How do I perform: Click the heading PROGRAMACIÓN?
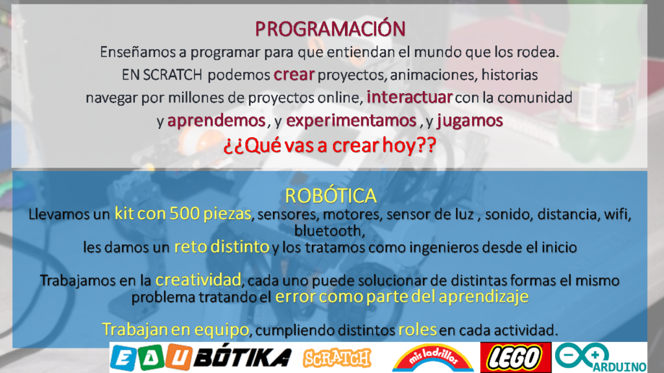point(330,28)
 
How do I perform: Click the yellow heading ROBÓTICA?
point(331,196)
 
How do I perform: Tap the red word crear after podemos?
point(294,74)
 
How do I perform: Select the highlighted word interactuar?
point(410,97)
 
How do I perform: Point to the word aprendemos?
point(217,120)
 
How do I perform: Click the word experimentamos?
point(351,120)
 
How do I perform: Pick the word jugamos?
point(470,120)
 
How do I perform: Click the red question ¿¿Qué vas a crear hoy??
point(330,145)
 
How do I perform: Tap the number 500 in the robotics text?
point(184,213)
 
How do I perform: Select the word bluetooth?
point(328,231)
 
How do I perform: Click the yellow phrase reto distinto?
point(222,246)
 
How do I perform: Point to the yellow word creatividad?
point(198,280)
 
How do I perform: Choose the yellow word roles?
point(418,330)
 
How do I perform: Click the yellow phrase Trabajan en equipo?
point(175,330)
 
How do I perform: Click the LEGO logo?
point(516,357)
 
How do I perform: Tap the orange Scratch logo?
point(337,357)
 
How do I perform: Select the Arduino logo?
point(601,357)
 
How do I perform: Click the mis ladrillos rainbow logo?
point(433,357)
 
